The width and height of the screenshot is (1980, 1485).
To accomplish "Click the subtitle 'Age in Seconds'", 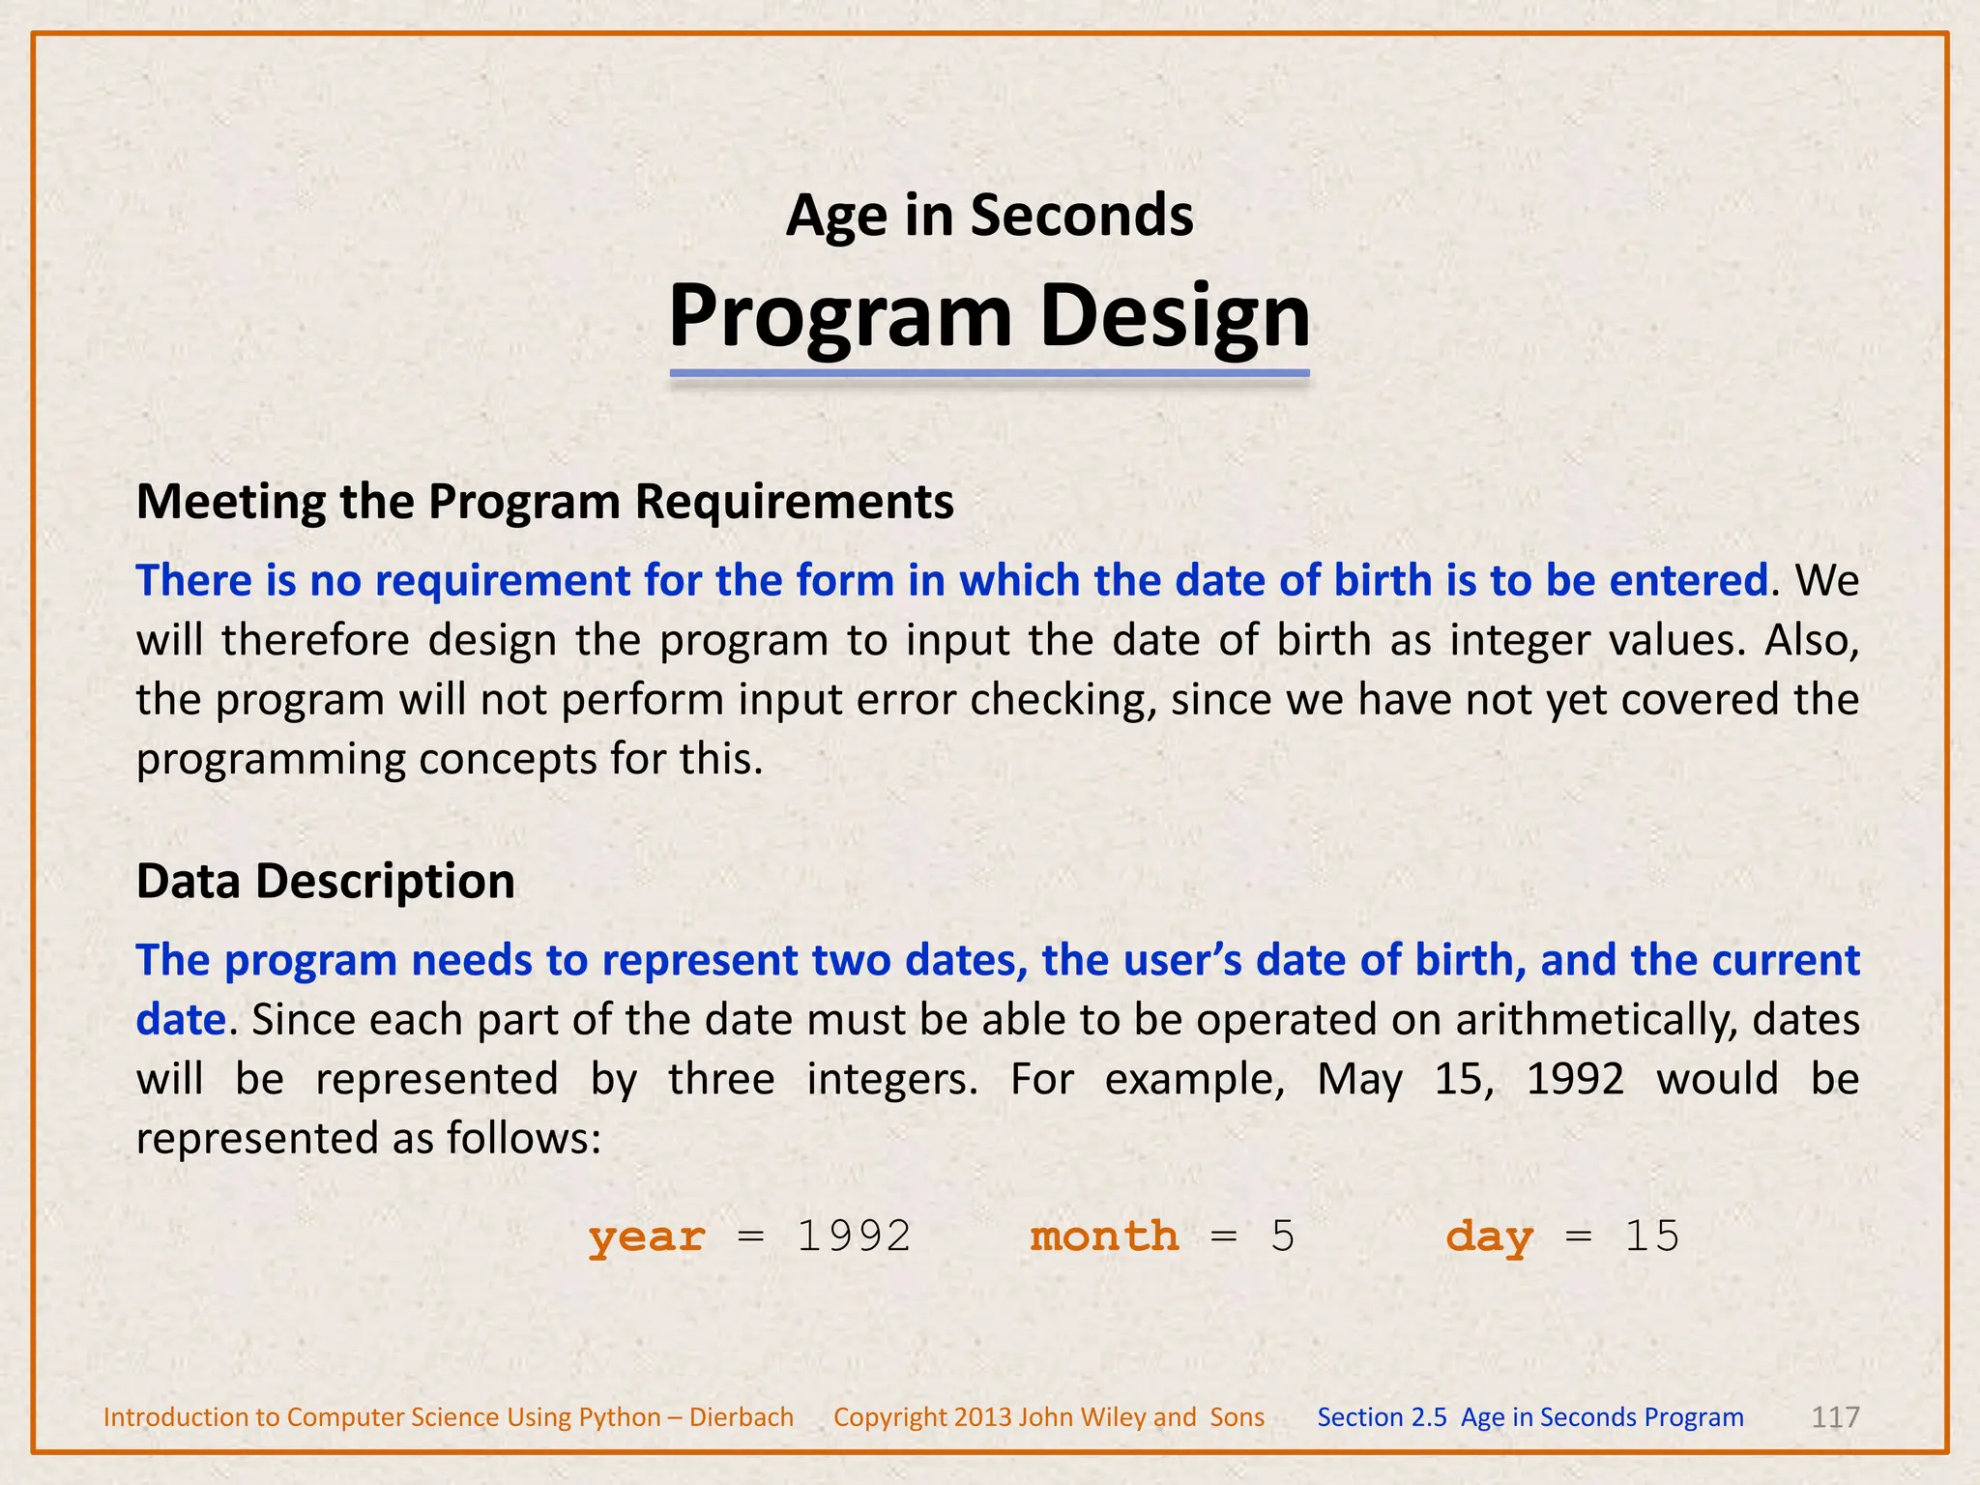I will pyautogui.click(x=989, y=215).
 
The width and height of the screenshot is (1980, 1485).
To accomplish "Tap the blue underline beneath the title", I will pyautogui.click(x=989, y=373).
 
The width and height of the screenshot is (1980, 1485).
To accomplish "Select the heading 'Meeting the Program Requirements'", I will pyautogui.click(x=544, y=502).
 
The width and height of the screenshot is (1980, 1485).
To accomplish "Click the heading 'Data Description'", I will pyautogui.click(x=325, y=881).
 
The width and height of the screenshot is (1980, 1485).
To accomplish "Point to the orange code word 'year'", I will pyautogui.click(x=647, y=1237).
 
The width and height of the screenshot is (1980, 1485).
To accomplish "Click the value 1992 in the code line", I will pyautogui.click(x=854, y=1237).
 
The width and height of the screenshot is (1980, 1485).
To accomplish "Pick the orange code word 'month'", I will pyautogui.click(x=1104, y=1237).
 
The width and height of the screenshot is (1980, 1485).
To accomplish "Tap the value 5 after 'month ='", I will pyautogui.click(x=1282, y=1237).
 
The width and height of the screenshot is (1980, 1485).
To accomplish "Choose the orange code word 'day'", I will pyautogui.click(x=1489, y=1237).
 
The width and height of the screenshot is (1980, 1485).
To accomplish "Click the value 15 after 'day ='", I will pyautogui.click(x=1652, y=1237).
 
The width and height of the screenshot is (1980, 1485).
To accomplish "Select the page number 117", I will pyautogui.click(x=1834, y=1417).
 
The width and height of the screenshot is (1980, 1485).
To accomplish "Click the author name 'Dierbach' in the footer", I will pyautogui.click(x=741, y=1417).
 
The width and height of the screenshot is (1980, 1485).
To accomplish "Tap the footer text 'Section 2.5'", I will pyautogui.click(x=1382, y=1417).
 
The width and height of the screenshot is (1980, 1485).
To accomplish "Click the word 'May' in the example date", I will pyautogui.click(x=1358, y=1079).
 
